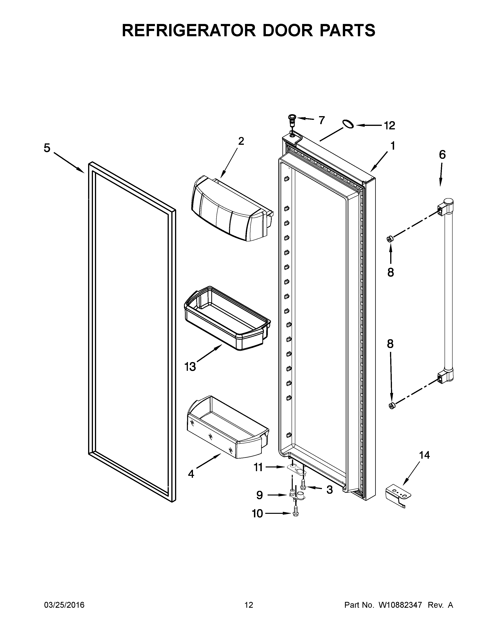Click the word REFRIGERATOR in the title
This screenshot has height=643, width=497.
(188, 30)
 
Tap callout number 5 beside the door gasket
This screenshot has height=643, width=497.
(47, 148)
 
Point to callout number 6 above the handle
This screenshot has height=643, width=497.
(442, 155)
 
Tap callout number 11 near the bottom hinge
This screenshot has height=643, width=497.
(258, 467)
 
